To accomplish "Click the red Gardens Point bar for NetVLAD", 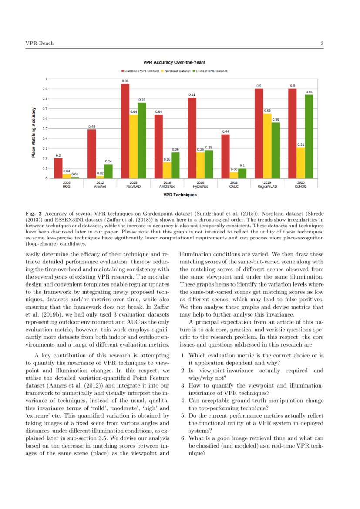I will [125, 131].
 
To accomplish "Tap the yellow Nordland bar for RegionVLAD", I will [267, 146].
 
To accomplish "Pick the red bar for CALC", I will [225, 156].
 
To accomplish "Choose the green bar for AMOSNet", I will [175, 165].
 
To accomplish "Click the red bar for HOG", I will [58, 168].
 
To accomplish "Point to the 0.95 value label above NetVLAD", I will [125, 81].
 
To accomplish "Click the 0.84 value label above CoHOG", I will [309, 92].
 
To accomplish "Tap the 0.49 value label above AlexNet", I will [92, 127].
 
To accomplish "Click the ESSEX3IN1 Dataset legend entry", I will [212, 71].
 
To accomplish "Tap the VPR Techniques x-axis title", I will [180, 195].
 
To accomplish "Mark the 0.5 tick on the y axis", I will [45, 128].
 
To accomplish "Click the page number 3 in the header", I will [322, 43].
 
